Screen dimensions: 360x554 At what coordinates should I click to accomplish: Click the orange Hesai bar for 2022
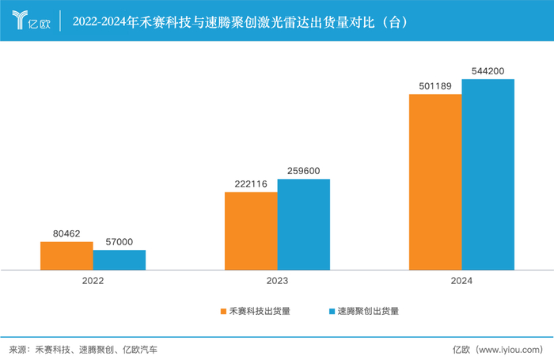[x=66, y=256]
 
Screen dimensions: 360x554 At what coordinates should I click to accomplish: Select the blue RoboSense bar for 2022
[x=119, y=260]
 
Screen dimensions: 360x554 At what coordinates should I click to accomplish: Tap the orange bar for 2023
[x=251, y=230]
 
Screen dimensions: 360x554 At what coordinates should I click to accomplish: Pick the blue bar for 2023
[x=303, y=224]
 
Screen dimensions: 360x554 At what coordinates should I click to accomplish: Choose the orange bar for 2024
[x=435, y=182]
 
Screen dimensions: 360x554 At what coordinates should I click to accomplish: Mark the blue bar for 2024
[x=488, y=174]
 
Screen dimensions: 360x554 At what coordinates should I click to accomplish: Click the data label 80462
[x=66, y=233]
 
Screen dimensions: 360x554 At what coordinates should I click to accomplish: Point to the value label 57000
[x=119, y=242]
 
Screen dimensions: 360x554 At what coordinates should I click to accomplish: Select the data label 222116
[x=251, y=184]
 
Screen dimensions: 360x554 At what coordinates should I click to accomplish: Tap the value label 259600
[x=303, y=170]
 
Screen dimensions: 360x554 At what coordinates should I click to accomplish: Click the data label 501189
[x=435, y=86]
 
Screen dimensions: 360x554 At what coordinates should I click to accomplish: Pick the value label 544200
[x=488, y=71]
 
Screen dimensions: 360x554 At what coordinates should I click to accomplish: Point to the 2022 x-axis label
[x=93, y=281]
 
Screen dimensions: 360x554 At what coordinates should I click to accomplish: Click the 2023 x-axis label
[x=277, y=281]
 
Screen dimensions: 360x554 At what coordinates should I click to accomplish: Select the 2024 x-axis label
[x=461, y=281]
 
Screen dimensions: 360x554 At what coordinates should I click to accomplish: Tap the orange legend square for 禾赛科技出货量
[x=223, y=311]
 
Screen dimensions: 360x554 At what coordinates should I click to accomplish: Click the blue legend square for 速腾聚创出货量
[x=331, y=311]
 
